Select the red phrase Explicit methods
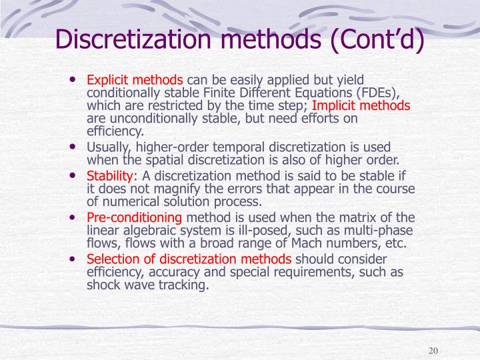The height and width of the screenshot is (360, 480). tap(135, 79)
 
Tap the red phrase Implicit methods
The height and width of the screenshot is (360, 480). tap(361, 105)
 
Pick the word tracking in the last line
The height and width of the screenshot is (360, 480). tap(187, 285)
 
